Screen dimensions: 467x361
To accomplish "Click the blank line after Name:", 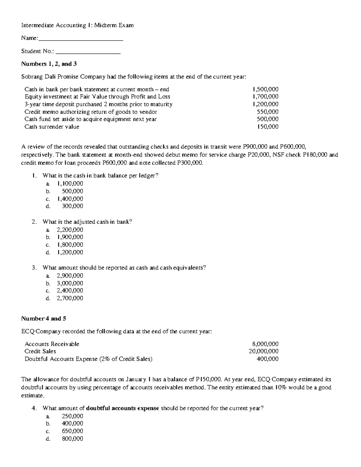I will [81, 39].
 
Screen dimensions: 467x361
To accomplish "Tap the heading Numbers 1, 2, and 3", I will [49, 64].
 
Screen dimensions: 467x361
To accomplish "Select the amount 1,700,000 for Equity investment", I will [266, 97].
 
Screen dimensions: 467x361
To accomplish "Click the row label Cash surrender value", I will [52, 127].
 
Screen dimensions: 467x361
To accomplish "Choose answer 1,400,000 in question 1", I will [70, 199].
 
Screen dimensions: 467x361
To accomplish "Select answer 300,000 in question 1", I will [72, 206].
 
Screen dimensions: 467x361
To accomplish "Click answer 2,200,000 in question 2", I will [70, 230].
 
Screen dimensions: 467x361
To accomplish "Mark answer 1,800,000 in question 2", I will [70, 245].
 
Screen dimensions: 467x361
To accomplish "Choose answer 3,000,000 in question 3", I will [70, 283].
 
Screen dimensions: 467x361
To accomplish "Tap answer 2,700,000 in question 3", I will [70, 298].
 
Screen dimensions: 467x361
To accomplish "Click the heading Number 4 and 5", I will [44, 318].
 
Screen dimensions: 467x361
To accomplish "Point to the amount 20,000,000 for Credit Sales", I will [264, 351].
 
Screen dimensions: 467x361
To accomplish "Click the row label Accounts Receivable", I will [52, 344].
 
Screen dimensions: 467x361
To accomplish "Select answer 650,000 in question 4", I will [72, 431].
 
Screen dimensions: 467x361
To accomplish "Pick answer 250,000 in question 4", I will [72, 416].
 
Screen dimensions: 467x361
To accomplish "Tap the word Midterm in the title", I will [106, 26].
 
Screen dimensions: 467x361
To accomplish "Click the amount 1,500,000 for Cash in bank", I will [266, 89].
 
